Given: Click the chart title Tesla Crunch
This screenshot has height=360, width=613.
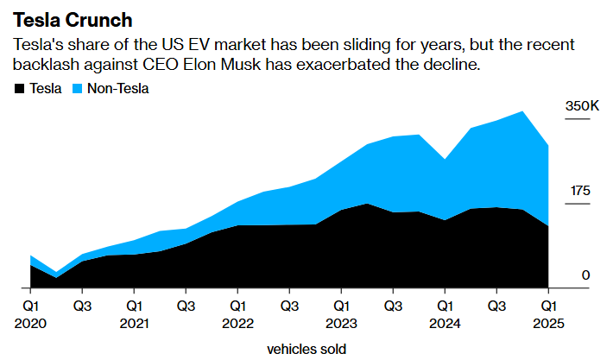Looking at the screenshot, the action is [x=73, y=20].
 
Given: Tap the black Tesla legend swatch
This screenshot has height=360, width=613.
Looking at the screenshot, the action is [x=19, y=89].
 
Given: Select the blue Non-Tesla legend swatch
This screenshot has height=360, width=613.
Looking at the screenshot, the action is [x=78, y=89].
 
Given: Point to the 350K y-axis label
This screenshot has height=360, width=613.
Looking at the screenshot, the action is [x=582, y=106].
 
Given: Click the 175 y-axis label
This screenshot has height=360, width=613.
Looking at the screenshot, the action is [x=580, y=191].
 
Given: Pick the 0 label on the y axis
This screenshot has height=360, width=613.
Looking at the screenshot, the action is [x=585, y=275].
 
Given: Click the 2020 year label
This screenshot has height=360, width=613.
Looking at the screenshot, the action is [x=30, y=324].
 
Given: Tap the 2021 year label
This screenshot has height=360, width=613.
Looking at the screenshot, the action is [x=134, y=324].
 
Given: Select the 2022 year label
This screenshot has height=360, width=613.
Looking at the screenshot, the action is [x=237, y=324].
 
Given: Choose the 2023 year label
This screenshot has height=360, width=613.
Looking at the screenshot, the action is [x=341, y=324].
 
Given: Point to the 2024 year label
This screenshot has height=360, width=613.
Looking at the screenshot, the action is [x=445, y=324].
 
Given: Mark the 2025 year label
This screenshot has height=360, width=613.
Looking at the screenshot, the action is [x=548, y=324].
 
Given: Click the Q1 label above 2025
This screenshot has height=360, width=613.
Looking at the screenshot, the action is [x=548, y=306].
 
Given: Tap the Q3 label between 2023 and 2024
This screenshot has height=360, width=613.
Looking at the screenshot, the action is [x=393, y=306].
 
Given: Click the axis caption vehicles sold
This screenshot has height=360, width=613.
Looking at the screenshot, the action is [x=306, y=349].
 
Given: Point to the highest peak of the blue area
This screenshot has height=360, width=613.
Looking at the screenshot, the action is [x=522, y=111].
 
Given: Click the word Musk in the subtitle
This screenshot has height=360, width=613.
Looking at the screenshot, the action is [x=240, y=64].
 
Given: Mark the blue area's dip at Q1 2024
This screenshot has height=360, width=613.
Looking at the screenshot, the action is [x=445, y=160].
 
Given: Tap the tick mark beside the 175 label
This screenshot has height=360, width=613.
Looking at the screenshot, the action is [x=578, y=204].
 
